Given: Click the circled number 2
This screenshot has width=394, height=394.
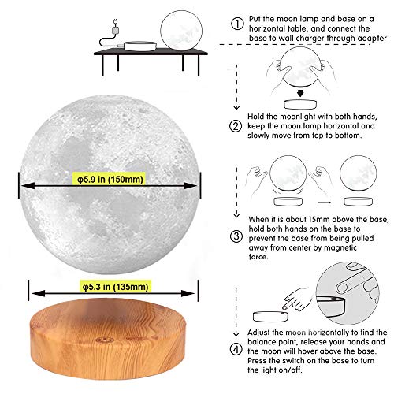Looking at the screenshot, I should (x=236, y=126).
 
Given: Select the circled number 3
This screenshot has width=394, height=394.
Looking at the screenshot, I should (x=236, y=234).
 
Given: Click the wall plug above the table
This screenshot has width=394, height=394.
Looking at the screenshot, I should (x=117, y=27).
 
